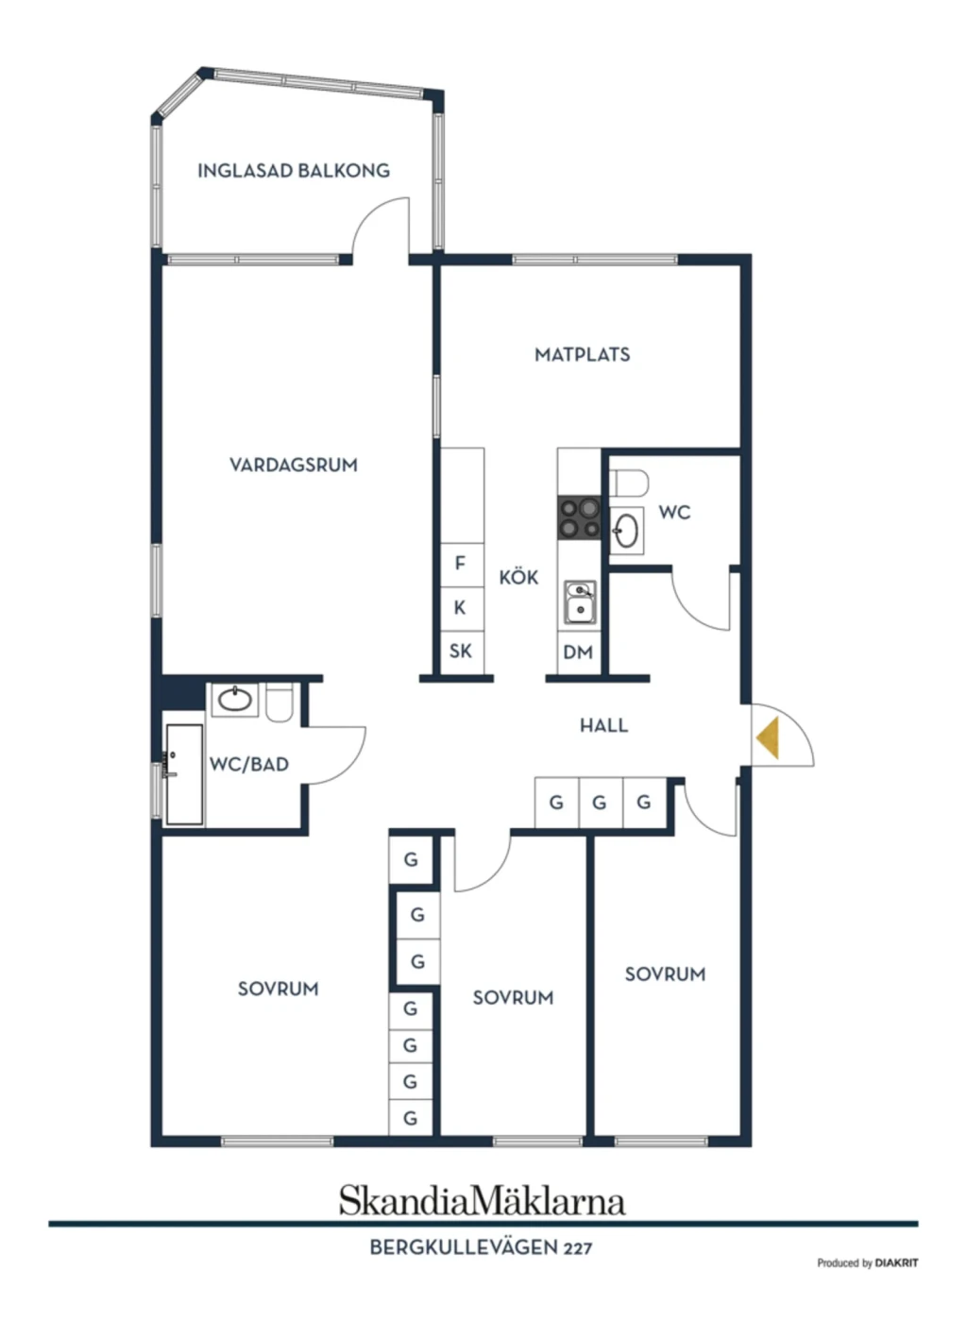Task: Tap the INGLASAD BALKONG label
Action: [x=294, y=171]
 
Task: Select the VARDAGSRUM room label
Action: [x=294, y=465]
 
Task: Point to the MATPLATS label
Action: [x=582, y=354]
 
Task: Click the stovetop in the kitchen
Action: [x=579, y=516]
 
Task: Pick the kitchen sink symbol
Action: [x=580, y=602]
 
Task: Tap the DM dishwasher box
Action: [x=579, y=652]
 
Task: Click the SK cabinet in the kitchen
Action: [x=462, y=652]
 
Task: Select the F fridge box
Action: [x=462, y=564]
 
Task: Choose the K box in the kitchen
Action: [x=462, y=608]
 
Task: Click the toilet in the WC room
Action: [x=629, y=482]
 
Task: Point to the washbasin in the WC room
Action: [x=626, y=531]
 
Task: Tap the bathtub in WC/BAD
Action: [x=184, y=775]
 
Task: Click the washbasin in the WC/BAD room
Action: [x=234, y=700]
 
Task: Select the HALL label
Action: [x=604, y=726]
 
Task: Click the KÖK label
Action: [x=518, y=577]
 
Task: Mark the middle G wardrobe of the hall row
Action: [x=600, y=803]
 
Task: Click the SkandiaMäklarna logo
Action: [x=483, y=1201]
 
